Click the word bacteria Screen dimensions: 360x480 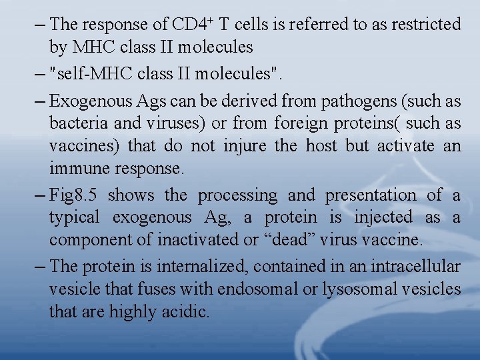click(x=75, y=123)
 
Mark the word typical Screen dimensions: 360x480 click(x=74, y=217)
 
